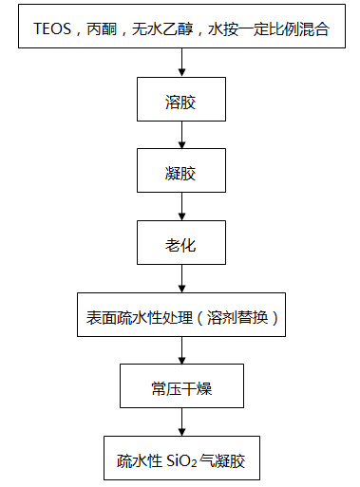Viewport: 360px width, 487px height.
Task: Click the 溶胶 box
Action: click(x=180, y=101)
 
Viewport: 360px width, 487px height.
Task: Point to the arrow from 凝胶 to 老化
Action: click(x=180, y=209)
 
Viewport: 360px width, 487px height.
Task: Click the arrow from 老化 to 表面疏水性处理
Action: click(x=180, y=281)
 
